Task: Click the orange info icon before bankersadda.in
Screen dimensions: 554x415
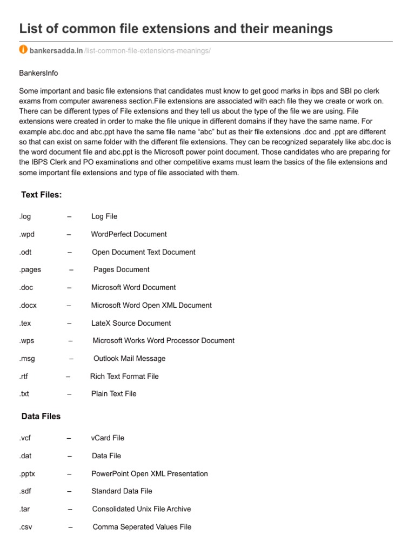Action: [x=23, y=50]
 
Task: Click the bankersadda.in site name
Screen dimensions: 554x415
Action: [x=56, y=50]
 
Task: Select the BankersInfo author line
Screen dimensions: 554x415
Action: [x=38, y=72]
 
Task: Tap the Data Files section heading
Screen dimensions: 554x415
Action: [x=41, y=416]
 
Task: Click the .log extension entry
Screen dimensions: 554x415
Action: [x=25, y=216]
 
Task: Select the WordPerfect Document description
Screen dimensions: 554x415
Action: [x=129, y=234]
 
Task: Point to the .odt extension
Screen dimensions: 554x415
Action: [x=25, y=252]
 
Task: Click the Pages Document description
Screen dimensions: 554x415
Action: [x=121, y=269]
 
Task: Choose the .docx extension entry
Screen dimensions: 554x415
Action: [x=28, y=305]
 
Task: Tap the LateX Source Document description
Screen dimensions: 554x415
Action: [x=131, y=323]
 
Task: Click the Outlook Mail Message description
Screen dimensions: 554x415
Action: [x=129, y=358]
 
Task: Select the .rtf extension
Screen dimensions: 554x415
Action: [x=23, y=376]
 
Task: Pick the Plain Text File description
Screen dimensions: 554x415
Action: [x=114, y=394]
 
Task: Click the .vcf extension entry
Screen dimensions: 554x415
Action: [x=25, y=438]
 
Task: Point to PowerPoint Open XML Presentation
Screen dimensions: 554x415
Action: [x=150, y=473]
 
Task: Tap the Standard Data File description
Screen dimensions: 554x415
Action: [x=122, y=491]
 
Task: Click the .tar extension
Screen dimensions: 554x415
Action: [x=24, y=509]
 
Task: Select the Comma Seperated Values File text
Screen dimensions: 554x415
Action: [x=142, y=527]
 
